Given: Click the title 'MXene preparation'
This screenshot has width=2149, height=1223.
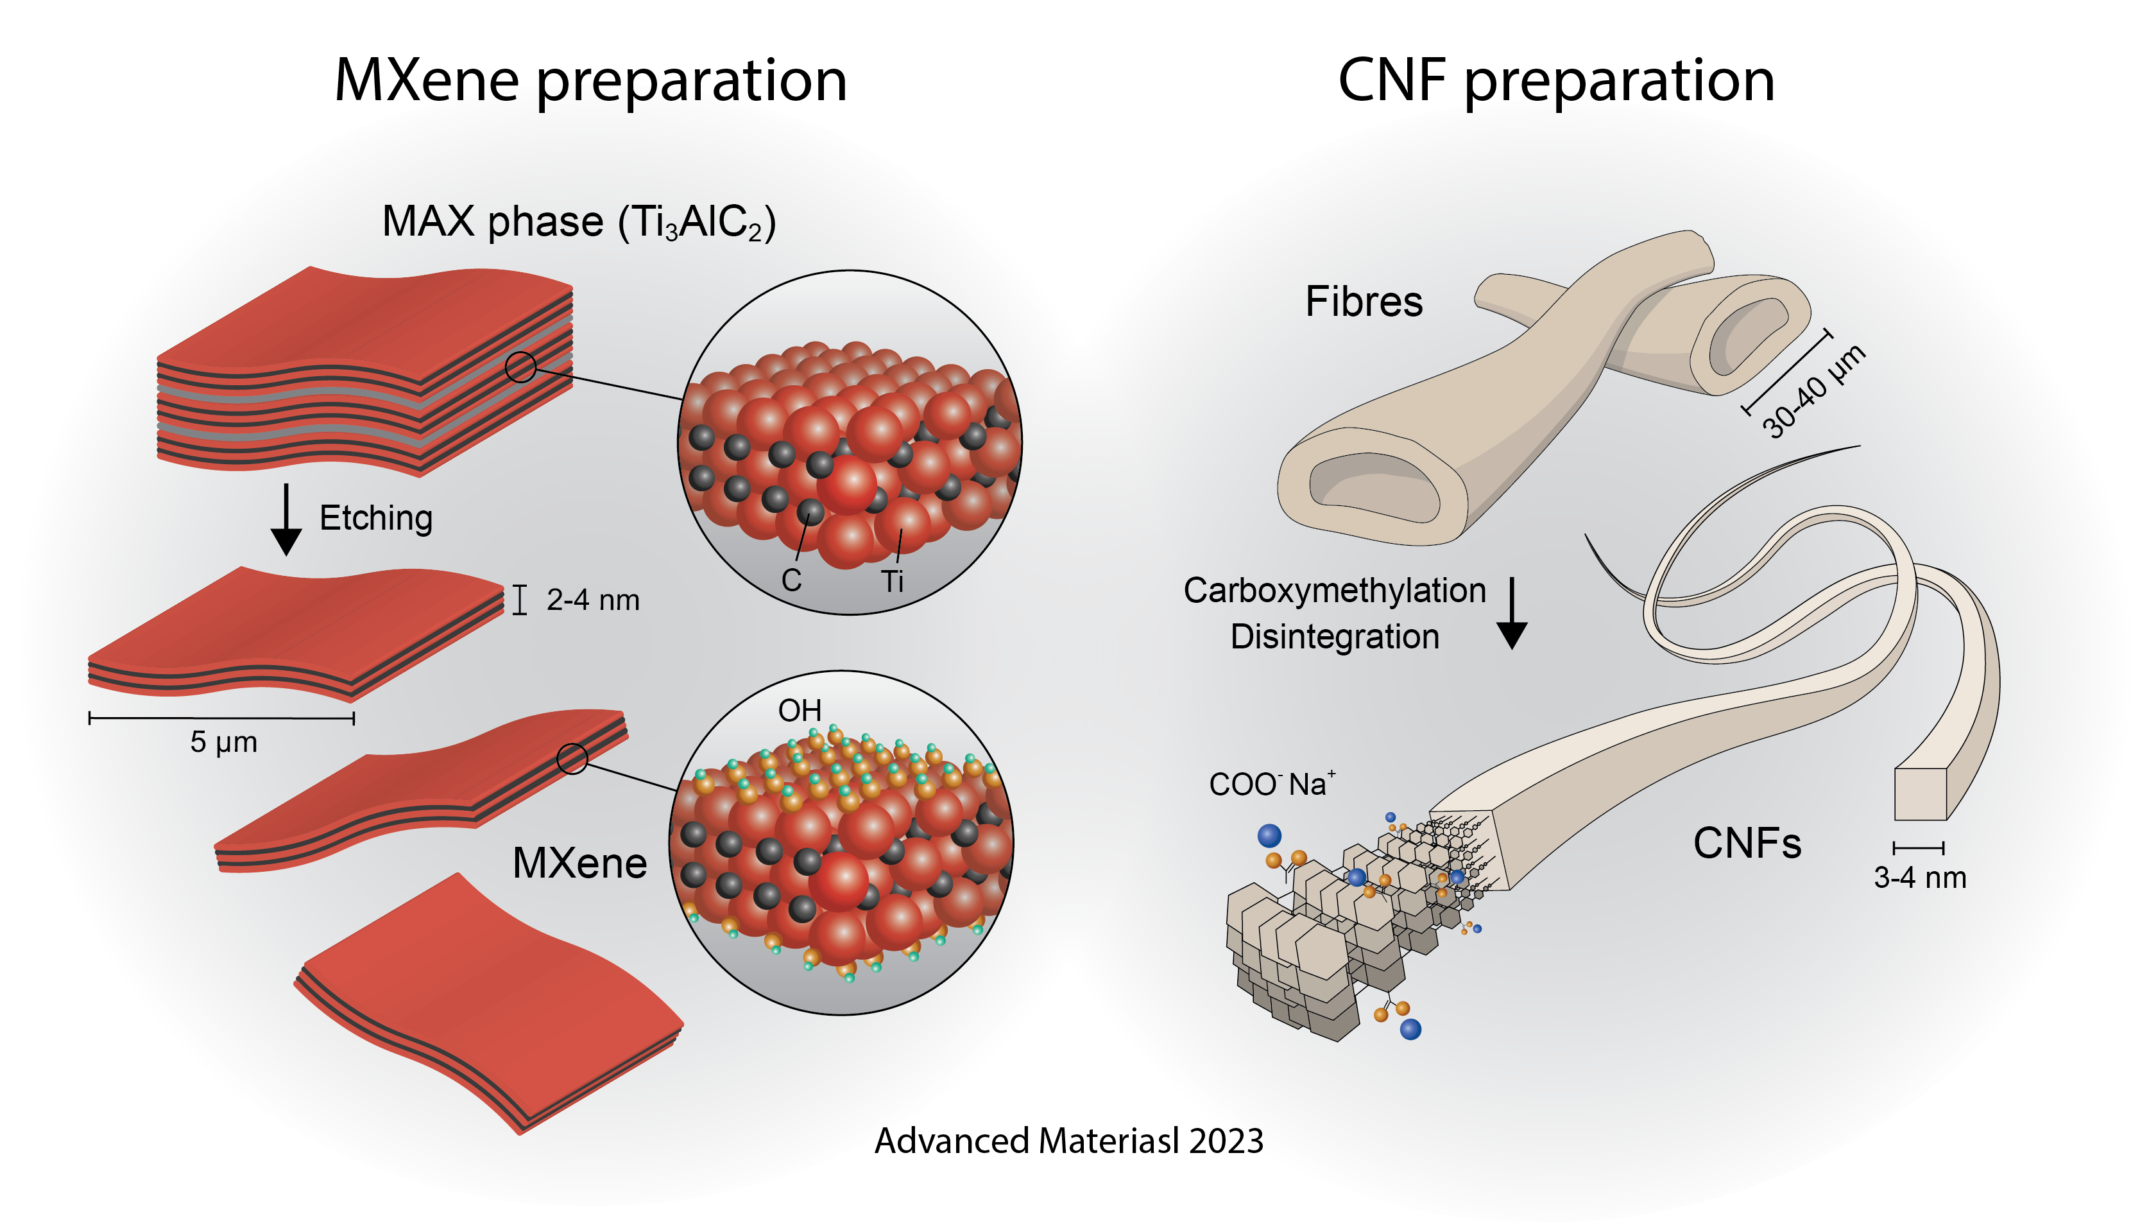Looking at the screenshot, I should tap(590, 82).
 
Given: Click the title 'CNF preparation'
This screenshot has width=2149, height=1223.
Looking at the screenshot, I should tap(1555, 82).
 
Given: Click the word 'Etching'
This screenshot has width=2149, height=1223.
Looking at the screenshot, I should tap(376, 518).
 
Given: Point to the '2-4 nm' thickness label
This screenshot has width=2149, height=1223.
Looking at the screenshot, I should tap(593, 600).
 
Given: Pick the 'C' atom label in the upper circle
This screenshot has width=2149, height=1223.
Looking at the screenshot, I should tap(791, 580).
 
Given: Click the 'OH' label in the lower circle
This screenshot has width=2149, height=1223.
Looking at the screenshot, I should tap(799, 711).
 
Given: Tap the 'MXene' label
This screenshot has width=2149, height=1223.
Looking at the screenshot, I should tap(579, 863).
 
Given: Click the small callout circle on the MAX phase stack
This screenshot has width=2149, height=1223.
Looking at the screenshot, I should tap(520, 367).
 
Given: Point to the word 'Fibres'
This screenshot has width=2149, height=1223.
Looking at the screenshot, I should tap(1364, 302).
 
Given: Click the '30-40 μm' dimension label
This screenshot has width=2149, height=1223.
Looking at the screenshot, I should tap(1813, 390).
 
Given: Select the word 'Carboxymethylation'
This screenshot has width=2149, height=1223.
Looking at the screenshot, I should tap(1334, 591).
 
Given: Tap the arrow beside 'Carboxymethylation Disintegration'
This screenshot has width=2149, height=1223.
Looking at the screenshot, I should tap(1512, 613).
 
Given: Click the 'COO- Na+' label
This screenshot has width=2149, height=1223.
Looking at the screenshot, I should tap(1271, 784).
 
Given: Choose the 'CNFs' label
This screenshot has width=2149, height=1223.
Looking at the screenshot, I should tap(1747, 844).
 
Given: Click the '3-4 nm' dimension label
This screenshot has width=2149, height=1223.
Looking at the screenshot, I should tap(1920, 878).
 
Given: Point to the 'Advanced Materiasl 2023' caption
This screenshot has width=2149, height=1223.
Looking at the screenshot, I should tap(1068, 1141).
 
